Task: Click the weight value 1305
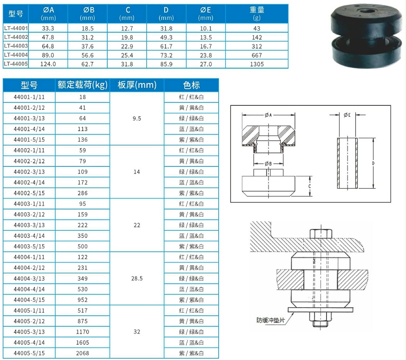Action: [x=257, y=64]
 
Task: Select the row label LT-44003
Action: [x=16, y=46]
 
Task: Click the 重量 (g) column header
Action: [x=257, y=14]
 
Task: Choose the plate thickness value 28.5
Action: [x=137, y=278]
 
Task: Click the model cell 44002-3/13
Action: [x=29, y=172]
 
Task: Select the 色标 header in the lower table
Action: [x=191, y=85]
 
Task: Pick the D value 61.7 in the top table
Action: [x=166, y=46]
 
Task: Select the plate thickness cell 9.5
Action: [x=137, y=118]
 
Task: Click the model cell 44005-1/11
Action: [x=29, y=311]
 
